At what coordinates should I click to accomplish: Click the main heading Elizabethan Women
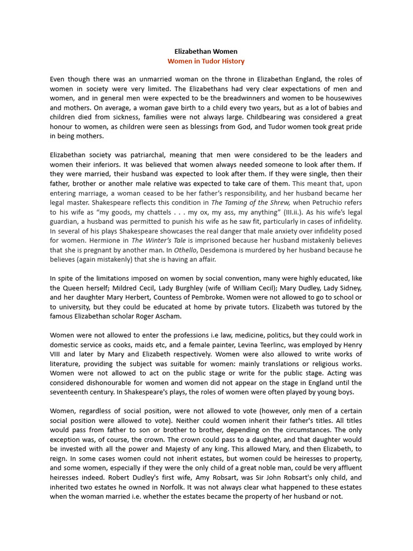pos(206,52)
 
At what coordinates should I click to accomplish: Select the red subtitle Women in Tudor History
pos(206,61)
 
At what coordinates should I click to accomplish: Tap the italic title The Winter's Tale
pos(156,241)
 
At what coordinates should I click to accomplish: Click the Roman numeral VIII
pos(57,355)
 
